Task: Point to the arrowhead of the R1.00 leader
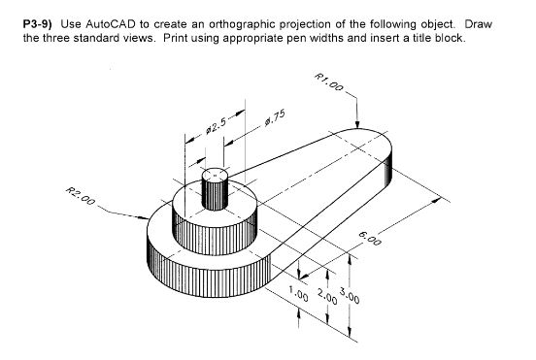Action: click(360, 127)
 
